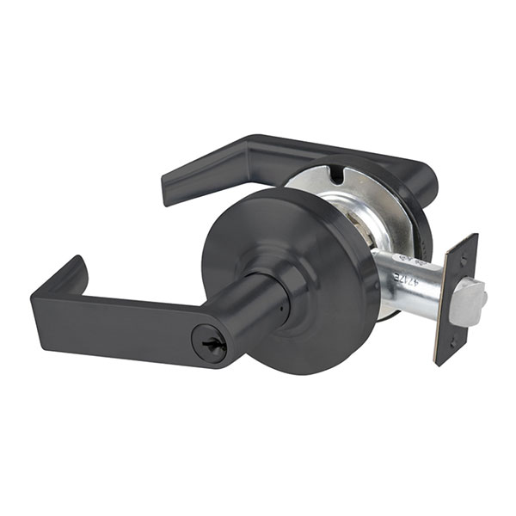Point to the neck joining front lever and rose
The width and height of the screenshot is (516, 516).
pyautogui.click(x=262, y=301)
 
